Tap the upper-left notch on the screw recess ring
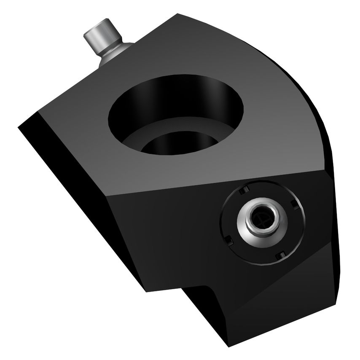tap(242, 191)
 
